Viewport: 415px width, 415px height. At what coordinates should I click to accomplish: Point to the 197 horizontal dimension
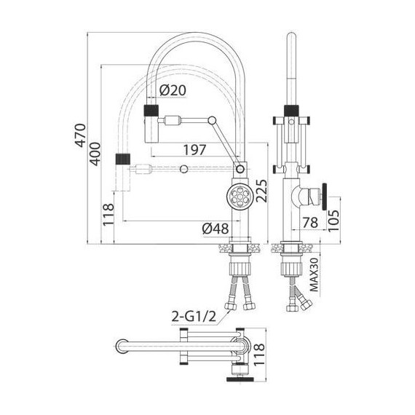[192, 150]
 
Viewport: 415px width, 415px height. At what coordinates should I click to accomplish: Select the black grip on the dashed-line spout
[123, 158]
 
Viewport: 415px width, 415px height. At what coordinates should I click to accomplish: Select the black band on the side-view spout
[290, 111]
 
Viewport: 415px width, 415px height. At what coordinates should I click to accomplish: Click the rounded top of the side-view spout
[290, 37]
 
